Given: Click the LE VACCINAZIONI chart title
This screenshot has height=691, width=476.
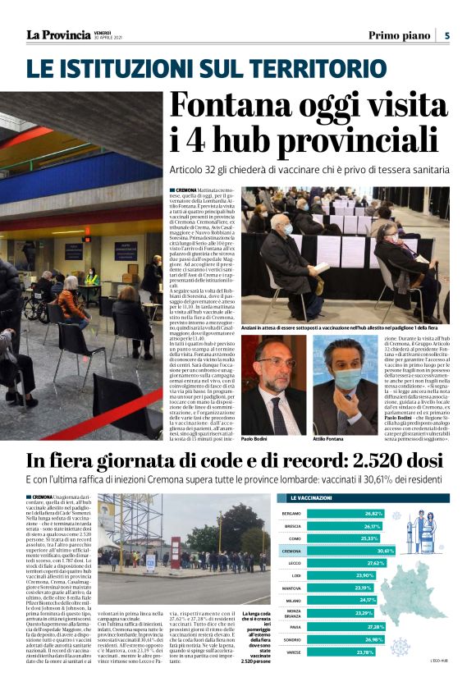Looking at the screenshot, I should (x=312, y=497).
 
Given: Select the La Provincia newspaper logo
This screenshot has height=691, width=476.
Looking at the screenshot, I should (x=57, y=34).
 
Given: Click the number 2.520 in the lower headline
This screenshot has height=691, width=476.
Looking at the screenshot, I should (x=354, y=460).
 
